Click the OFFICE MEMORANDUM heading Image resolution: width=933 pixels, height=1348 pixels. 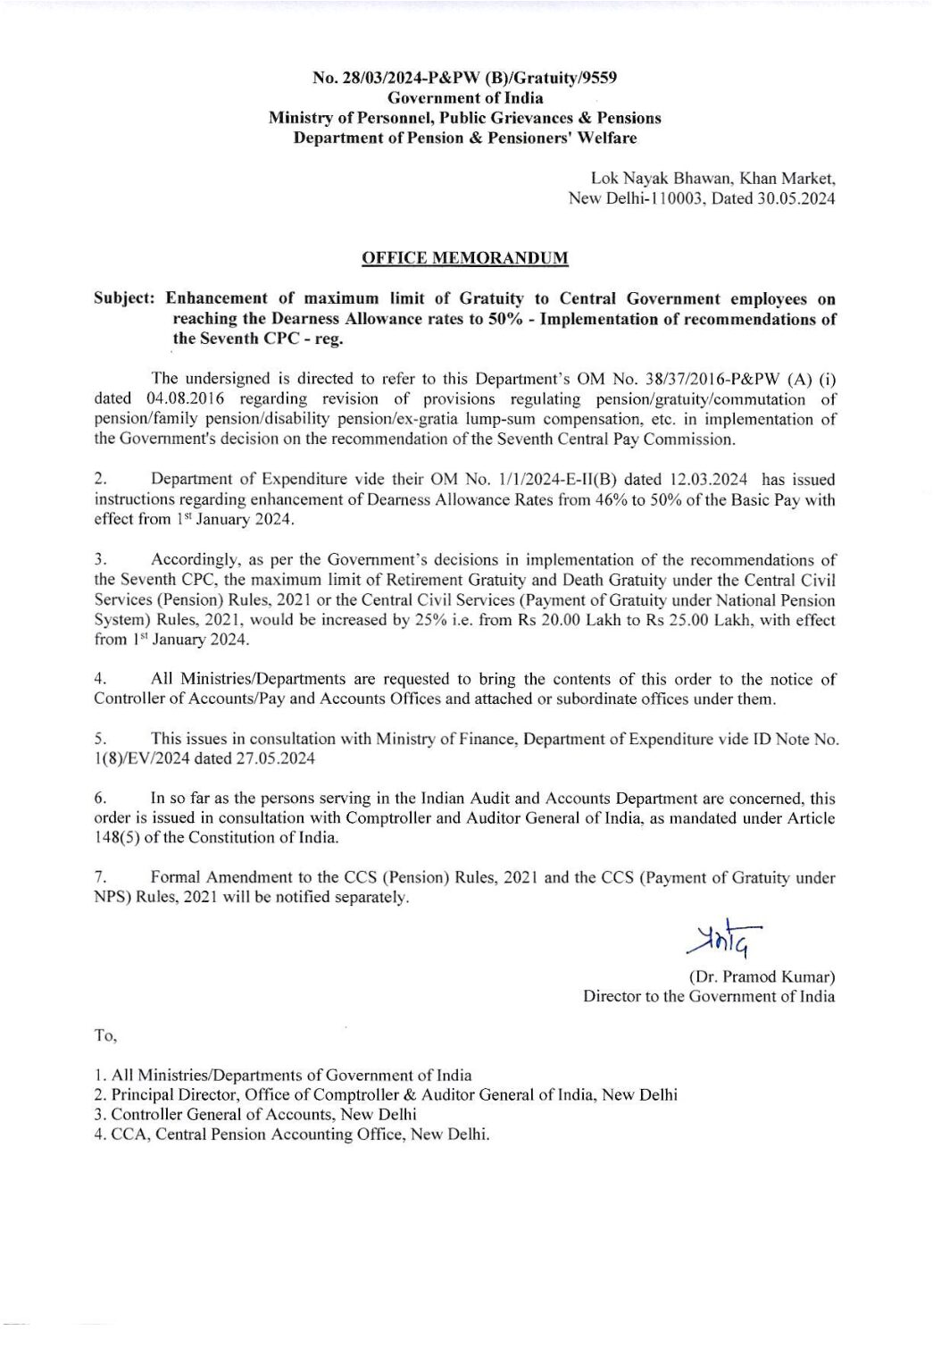pyautogui.click(x=464, y=258)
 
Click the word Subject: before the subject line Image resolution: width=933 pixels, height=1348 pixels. pyautogui.click(x=126, y=298)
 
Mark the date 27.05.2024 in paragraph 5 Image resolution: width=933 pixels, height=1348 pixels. pyautogui.click(x=272, y=758)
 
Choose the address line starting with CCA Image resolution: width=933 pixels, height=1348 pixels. pyautogui.click(x=291, y=1134)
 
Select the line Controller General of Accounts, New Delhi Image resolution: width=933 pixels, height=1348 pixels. pyautogui.click(x=254, y=1115)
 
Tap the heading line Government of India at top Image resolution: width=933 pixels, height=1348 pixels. pyautogui.click(x=464, y=97)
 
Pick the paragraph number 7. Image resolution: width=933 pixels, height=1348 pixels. pyautogui.click(x=99, y=878)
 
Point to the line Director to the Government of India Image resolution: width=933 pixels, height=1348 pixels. pyautogui.click(x=709, y=996)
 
